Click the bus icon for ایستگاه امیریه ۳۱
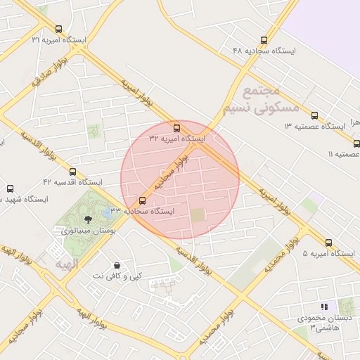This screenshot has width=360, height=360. (58, 30)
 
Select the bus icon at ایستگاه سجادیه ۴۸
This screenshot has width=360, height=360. (264, 40)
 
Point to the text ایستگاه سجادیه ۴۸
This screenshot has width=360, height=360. (264, 51)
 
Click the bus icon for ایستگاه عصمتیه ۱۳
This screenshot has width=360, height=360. (314, 116)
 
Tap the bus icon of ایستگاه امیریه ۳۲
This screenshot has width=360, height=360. (176, 128)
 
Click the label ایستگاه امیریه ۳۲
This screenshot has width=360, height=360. (177, 139)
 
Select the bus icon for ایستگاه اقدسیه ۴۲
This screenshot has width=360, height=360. (72, 172)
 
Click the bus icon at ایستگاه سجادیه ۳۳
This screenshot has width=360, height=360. (143, 200)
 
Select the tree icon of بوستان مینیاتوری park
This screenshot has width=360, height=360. (87, 219)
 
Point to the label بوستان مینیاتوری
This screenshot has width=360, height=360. (88, 230)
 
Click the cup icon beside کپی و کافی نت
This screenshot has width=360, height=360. (116, 266)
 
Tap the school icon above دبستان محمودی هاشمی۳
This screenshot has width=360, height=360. (324, 307)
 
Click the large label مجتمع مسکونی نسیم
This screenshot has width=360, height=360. (261, 101)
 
